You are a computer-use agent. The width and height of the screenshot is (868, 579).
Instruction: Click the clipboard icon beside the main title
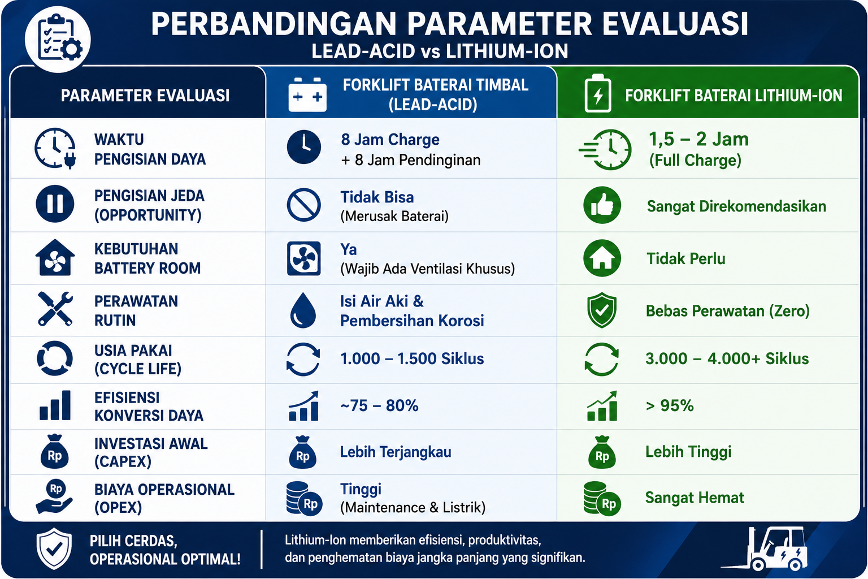58,39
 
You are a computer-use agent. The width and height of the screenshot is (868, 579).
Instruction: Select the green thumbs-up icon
602,205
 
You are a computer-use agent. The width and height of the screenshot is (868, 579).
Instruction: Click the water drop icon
303,310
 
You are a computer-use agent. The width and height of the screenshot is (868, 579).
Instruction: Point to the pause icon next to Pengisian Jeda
55,204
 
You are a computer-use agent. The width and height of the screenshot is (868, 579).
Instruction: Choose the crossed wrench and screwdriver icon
55,309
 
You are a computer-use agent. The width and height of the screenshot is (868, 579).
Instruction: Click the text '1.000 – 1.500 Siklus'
412,358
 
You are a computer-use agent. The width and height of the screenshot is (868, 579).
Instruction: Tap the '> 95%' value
669,405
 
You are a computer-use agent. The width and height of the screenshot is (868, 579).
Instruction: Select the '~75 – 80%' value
379,405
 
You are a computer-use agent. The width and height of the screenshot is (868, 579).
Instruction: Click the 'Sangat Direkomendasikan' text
736,206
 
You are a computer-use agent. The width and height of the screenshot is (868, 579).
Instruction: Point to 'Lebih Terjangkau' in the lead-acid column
396,452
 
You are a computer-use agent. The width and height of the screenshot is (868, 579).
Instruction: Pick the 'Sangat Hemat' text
695,498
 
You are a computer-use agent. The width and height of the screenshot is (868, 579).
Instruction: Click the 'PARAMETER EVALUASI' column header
145,96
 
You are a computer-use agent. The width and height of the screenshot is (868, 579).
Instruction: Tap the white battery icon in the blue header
307,95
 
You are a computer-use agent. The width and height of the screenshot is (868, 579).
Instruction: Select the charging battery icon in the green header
597,93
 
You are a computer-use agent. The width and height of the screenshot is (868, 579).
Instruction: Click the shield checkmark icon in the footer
54,548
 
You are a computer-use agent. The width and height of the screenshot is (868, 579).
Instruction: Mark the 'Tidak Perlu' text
686,258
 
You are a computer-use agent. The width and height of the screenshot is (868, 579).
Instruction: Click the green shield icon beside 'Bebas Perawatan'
601,310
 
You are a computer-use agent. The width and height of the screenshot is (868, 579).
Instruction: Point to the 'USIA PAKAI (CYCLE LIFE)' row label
137,360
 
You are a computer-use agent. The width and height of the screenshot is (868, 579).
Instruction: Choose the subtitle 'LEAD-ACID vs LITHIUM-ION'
440,51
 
